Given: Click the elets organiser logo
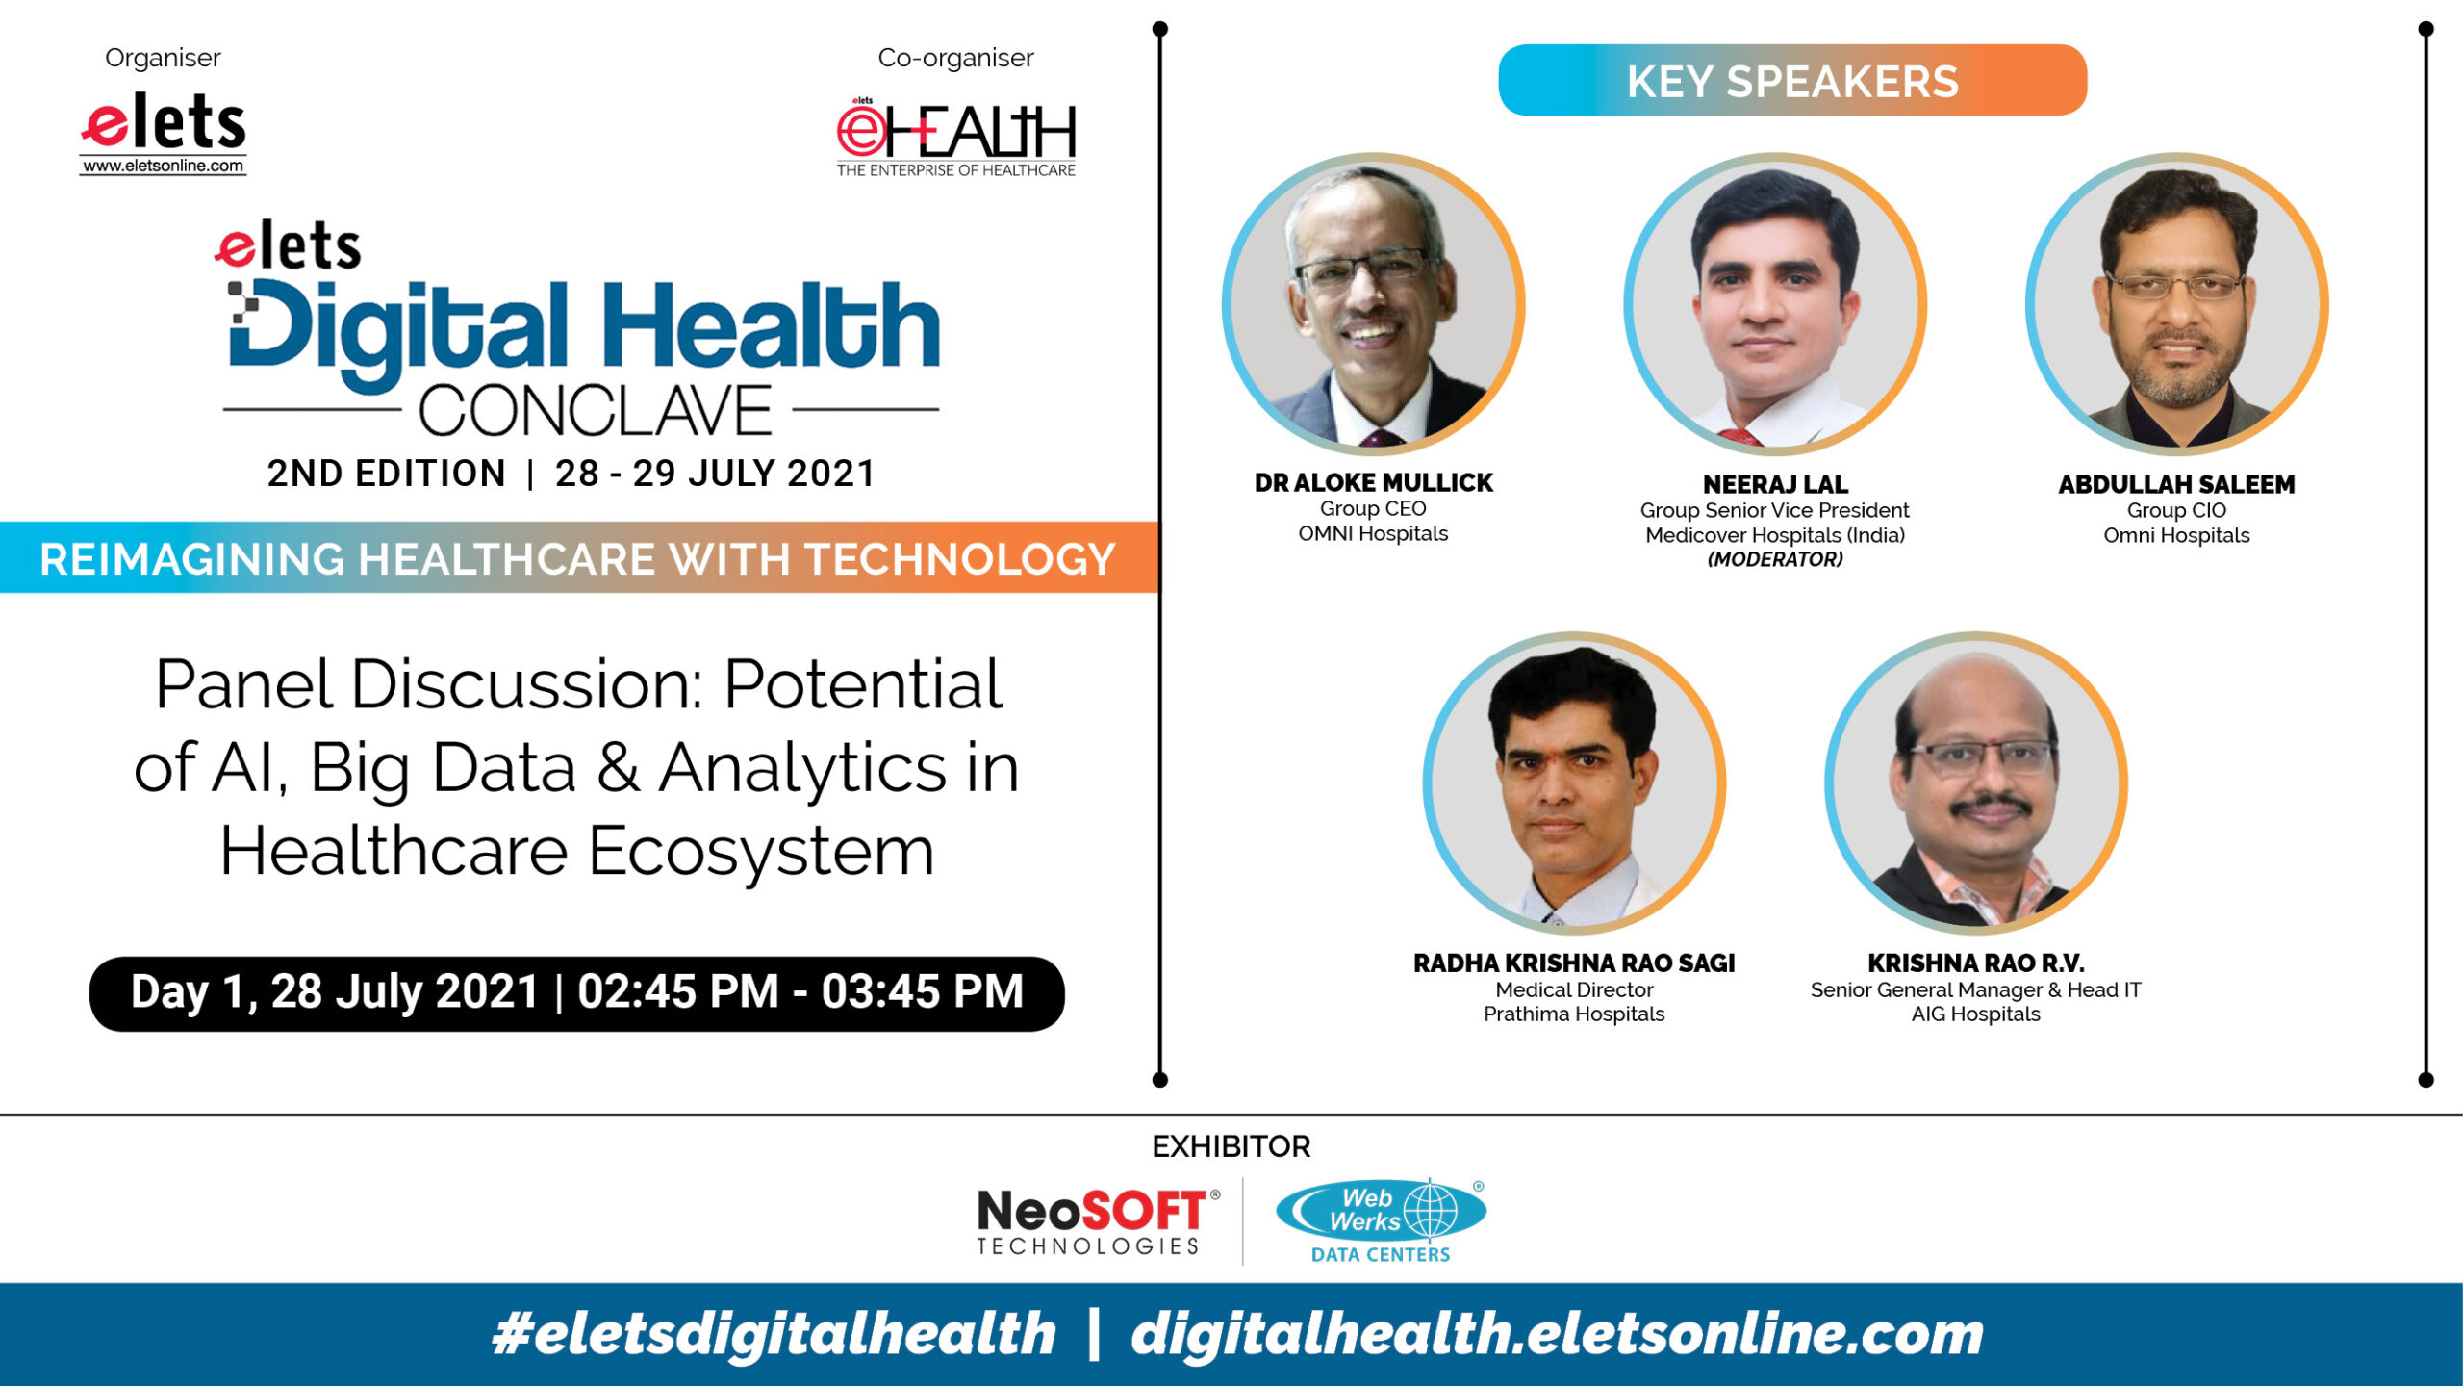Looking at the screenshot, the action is tap(163, 133).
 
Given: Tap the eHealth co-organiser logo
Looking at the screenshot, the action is tap(955, 137).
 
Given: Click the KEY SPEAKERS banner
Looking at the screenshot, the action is tap(1792, 81).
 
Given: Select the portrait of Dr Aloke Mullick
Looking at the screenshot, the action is tap(1373, 304).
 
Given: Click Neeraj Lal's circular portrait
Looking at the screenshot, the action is tap(1775, 304).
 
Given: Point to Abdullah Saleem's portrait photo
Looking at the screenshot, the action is tap(2176, 304).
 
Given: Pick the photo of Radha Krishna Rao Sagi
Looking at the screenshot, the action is tap(1574, 783).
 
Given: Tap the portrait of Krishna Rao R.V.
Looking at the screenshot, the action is tap(1976, 783).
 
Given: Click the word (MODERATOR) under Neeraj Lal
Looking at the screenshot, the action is tap(1775, 559).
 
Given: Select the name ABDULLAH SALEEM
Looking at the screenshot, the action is tap(2176, 484).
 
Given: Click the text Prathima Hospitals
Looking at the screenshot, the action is tap(1574, 1014).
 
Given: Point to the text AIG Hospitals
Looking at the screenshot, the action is tap(1976, 1014).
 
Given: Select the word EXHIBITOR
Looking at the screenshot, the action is tap(1231, 1146).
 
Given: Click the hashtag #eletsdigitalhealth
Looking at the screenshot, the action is tap(774, 1334).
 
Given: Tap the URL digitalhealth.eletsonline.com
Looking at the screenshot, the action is tap(1557, 1334).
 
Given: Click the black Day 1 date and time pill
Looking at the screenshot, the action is tap(577, 993).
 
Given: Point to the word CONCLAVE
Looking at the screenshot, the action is tap(595, 411).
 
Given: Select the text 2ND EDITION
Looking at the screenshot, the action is tap(387, 474).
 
